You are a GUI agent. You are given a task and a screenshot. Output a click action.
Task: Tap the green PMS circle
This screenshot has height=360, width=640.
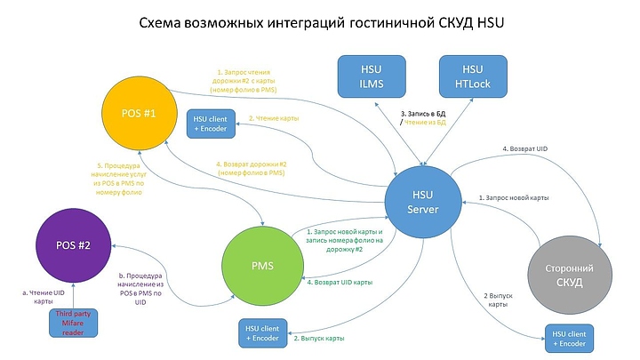click(x=262, y=266)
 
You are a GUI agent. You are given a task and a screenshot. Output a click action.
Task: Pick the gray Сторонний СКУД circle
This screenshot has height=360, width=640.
click(x=569, y=271)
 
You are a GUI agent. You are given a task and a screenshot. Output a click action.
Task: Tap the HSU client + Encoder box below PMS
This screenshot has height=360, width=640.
click(x=262, y=333)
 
